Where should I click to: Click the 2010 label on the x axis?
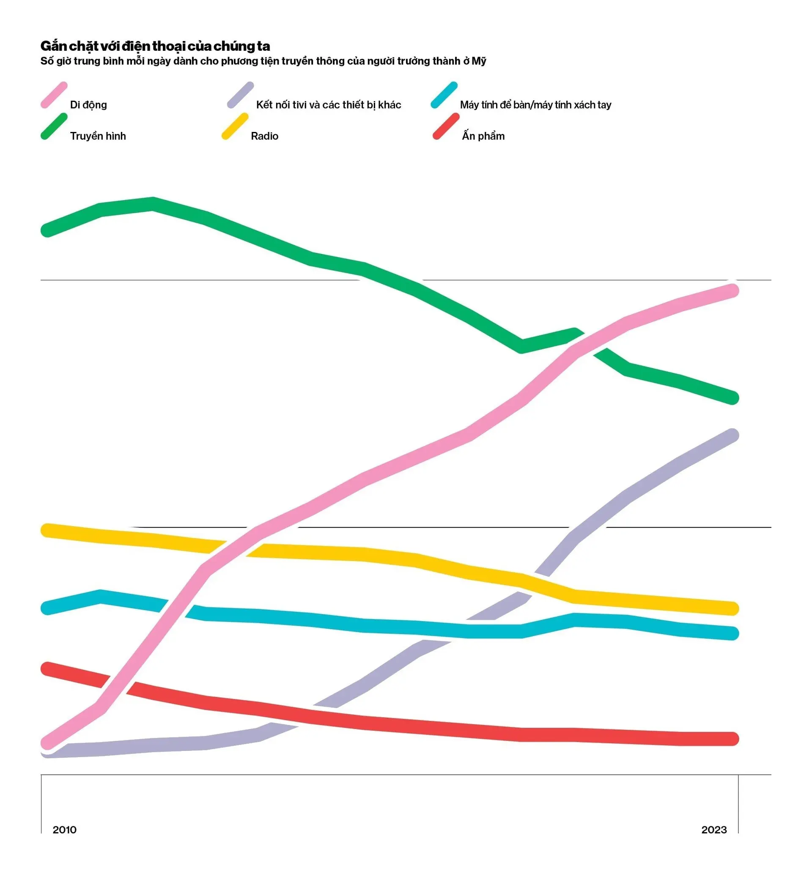tap(65, 830)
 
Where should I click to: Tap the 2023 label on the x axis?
tap(714, 830)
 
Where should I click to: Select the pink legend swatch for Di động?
tap(54, 95)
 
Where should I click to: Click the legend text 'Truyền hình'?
tap(98, 136)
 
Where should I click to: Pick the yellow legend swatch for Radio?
tap(235, 126)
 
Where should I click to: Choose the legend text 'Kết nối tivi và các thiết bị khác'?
tap(329, 105)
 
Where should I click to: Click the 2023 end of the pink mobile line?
tap(732, 290)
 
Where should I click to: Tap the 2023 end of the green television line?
tap(732, 398)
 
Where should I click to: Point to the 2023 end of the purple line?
tap(732, 435)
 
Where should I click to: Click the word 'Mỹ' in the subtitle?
tap(479, 61)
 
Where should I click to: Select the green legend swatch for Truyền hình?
tap(54, 126)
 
